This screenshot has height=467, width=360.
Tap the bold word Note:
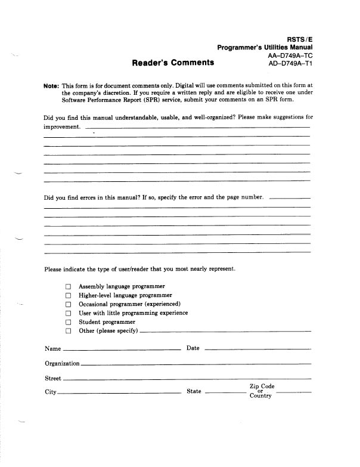pyautogui.click(x=52, y=86)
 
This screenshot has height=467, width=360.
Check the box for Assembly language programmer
pyautogui.click(x=68, y=287)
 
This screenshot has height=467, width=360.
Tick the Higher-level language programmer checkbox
pyautogui.click(x=68, y=296)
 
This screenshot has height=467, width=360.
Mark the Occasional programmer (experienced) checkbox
pyautogui.click(x=68, y=304)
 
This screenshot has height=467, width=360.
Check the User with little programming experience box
pyautogui.click(x=68, y=313)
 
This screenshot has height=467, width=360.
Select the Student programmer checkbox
pyautogui.click(x=68, y=322)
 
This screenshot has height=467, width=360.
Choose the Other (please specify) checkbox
pyautogui.click(x=68, y=331)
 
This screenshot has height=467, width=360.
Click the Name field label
pyautogui.click(x=52, y=348)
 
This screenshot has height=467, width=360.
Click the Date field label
pyautogui.click(x=193, y=348)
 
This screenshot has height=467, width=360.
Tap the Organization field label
pyautogui.click(x=62, y=363)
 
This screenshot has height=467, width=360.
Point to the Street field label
pyautogui.click(x=53, y=378)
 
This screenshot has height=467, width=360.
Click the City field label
pyautogui.click(x=51, y=392)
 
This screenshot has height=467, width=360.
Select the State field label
pyautogui.click(x=194, y=392)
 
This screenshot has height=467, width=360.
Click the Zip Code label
pyautogui.click(x=262, y=386)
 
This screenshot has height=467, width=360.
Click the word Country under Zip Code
pyautogui.click(x=260, y=397)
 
